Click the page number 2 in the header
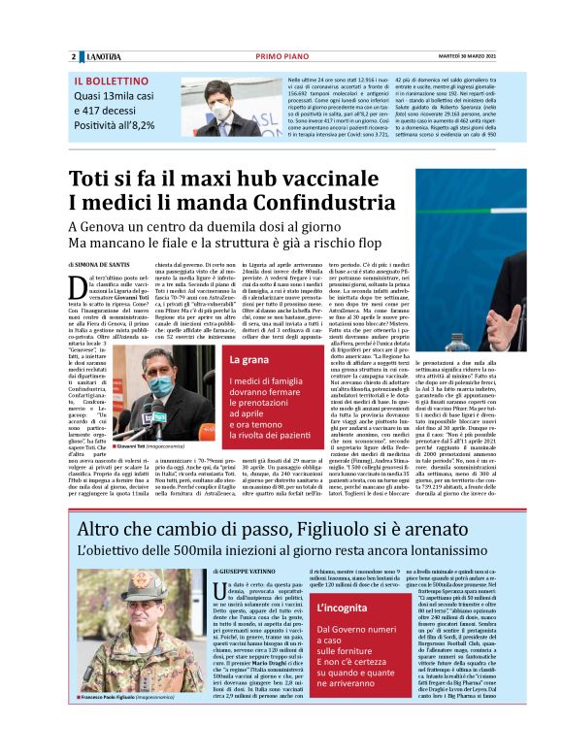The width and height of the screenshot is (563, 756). pos(73,57)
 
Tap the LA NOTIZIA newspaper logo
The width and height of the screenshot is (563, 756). pos(101,57)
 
